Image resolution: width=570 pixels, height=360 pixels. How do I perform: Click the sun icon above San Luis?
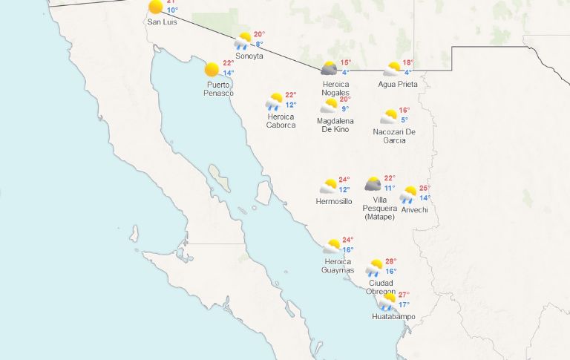[x=155, y=7]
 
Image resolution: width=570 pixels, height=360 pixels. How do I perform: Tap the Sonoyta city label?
[x=249, y=56]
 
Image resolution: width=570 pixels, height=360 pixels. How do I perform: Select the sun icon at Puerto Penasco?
[x=212, y=69]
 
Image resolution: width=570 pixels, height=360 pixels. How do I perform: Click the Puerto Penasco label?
[x=219, y=88]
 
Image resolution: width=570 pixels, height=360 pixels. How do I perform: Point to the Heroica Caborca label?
[x=281, y=121]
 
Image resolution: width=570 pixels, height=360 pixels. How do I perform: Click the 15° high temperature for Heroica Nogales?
[x=345, y=63]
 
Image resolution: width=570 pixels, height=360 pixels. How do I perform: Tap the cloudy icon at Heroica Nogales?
[x=329, y=69]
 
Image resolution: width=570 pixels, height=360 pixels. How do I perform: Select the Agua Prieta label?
[x=398, y=84]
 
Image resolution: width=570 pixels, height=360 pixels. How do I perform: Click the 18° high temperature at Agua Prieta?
[x=407, y=63]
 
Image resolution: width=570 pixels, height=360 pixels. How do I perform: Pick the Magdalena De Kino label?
[x=335, y=125]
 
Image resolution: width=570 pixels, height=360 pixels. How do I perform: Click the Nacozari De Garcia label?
[x=394, y=136]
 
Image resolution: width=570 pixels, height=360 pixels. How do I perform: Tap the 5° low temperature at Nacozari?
[x=404, y=120]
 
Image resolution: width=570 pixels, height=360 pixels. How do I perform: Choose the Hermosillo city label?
[x=334, y=201]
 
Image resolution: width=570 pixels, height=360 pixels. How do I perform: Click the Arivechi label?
[x=414, y=209]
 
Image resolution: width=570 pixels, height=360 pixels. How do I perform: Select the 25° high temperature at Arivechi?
[x=425, y=189]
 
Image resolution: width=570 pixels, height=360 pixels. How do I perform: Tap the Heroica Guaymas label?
[x=339, y=265]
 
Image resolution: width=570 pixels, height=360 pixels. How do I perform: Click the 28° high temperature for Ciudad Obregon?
[x=391, y=262]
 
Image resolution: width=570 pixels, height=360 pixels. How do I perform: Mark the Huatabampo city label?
[x=393, y=317]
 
